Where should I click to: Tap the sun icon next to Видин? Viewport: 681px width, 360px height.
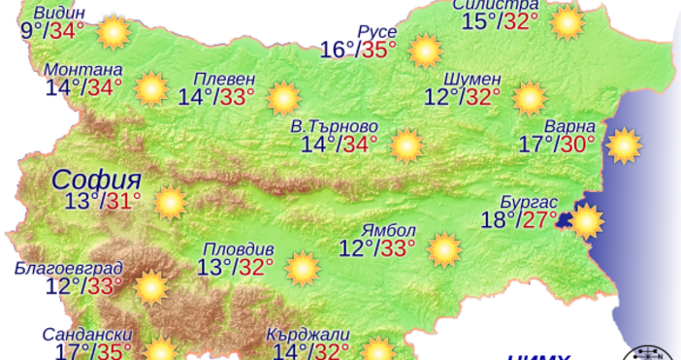114,31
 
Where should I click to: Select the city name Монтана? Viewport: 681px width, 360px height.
83,71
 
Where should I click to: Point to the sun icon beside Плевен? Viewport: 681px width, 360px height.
282,97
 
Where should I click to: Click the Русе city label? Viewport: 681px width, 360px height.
377,32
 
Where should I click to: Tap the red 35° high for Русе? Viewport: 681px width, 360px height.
379,49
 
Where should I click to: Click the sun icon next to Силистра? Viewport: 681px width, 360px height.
568,21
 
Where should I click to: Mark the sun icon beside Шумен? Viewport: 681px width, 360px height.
530,97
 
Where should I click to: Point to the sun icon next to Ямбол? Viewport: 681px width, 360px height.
444,249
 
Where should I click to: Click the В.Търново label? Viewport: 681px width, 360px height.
335,127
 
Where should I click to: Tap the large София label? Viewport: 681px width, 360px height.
97,180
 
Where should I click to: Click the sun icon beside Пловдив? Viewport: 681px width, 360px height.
303,268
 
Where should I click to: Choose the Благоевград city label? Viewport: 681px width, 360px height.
68,268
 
